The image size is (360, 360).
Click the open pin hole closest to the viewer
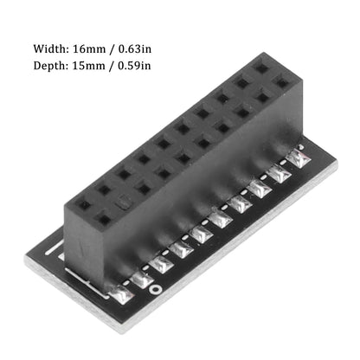click(x=103, y=220)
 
